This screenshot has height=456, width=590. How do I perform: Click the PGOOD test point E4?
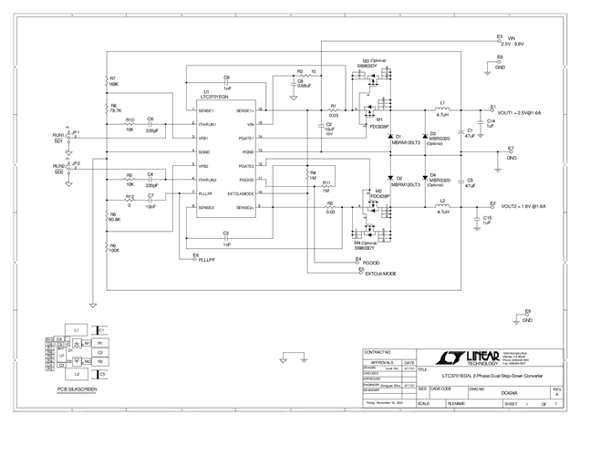[x=357, y=262]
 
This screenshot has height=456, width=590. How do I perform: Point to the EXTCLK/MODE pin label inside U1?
[x=240, y=193]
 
